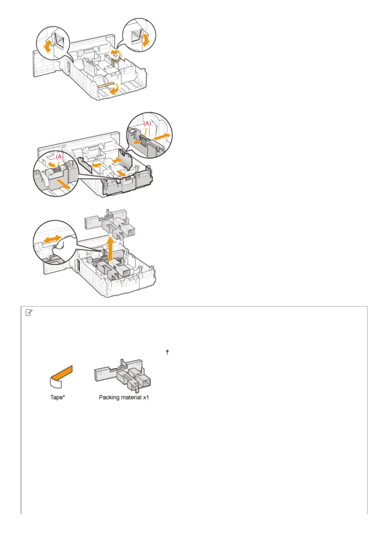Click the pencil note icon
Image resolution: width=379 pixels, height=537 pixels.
[x=29, y=313]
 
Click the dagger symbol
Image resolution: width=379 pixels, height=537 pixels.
[x=167, y=352]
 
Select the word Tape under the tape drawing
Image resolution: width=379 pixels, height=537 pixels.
[x=56, y=397]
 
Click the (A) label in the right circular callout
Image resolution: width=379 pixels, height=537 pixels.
[x=147, y=124]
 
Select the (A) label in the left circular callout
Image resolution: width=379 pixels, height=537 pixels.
[x=60, y=157]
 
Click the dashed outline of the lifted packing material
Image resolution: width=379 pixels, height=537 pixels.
[x=109, y=223]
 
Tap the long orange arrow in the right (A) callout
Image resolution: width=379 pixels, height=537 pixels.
[x=162, y=137]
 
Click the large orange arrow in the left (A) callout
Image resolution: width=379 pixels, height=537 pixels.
[x=63, y=184]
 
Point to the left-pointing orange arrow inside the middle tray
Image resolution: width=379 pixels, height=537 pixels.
[x=97, y=165]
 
